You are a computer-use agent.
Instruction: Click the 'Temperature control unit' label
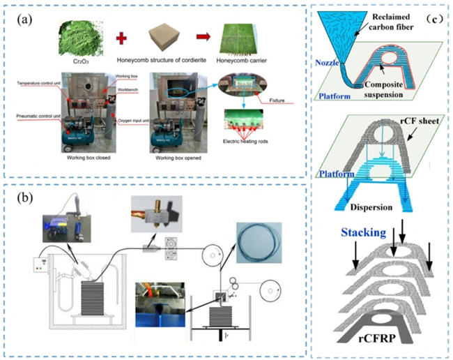coord(45,82)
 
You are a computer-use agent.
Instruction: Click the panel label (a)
coord(26,20)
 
